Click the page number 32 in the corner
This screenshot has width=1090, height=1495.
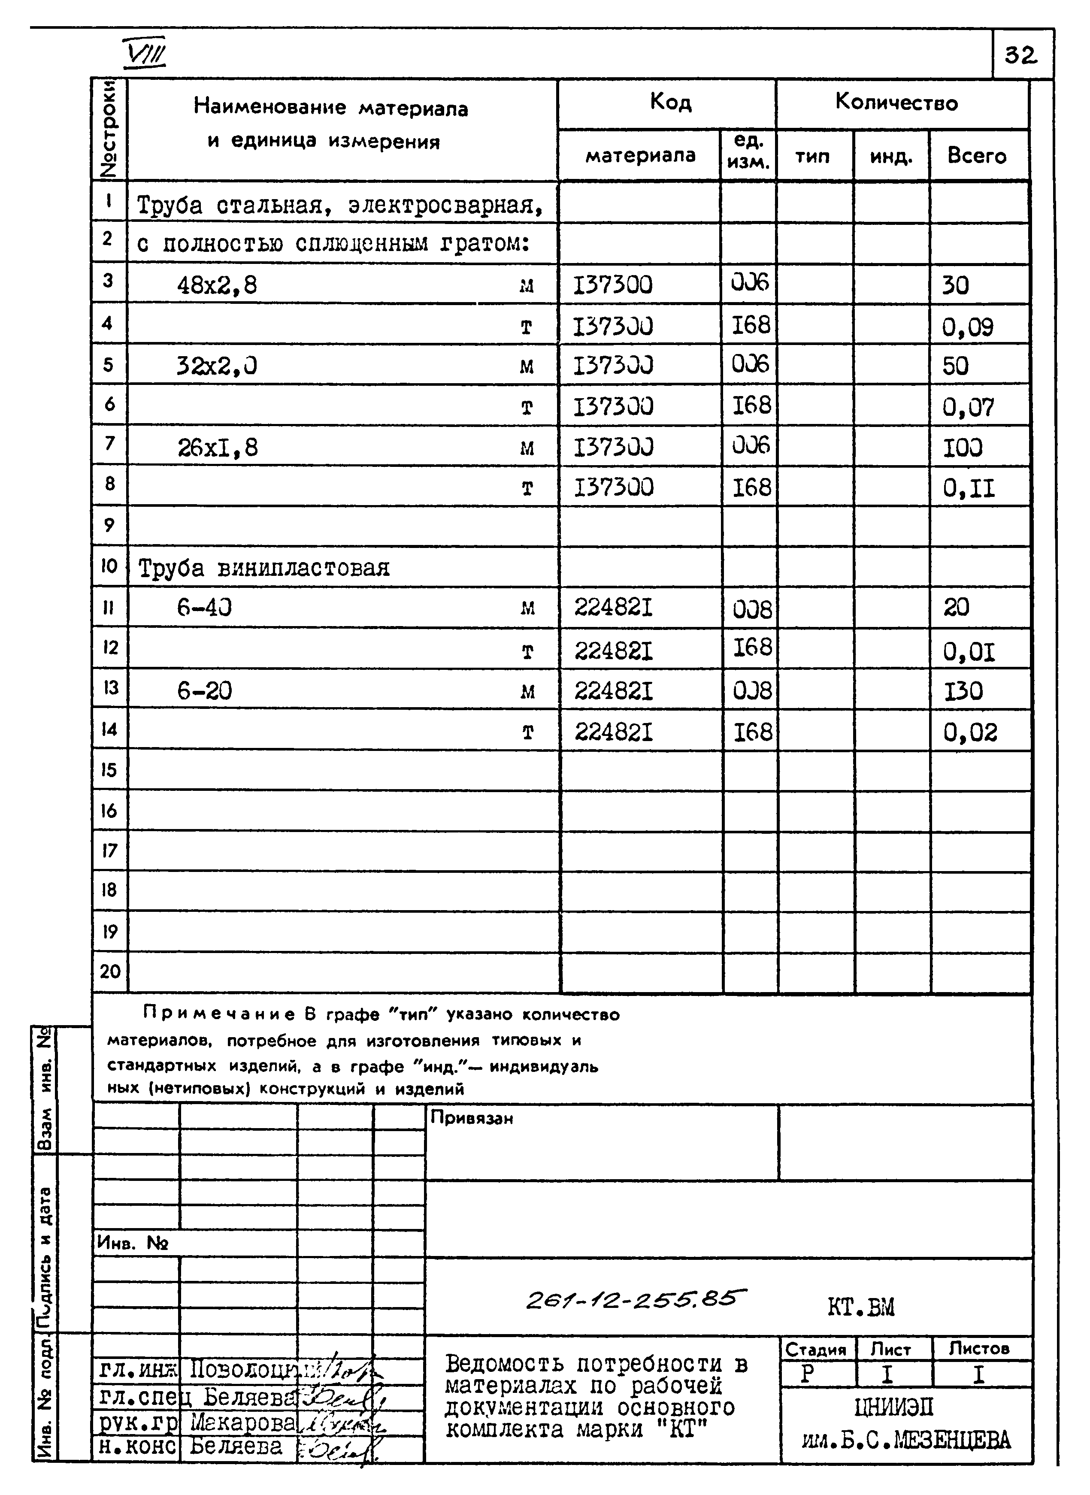[1021, 55]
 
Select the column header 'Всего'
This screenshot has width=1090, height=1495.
[977, 156]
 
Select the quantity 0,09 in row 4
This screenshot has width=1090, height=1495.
[967, 327]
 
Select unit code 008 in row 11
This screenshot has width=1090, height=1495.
[751, 609]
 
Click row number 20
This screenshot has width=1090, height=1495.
[109, 971]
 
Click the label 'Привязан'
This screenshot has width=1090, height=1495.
[471, 1118]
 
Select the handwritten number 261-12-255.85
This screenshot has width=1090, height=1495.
[636, 1298]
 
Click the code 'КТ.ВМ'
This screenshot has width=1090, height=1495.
[860, 1307]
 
